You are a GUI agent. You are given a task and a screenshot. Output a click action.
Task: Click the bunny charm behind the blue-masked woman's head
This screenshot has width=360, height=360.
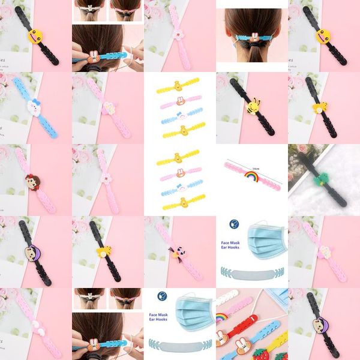254,38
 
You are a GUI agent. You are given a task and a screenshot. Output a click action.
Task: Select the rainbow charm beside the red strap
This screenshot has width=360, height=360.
221,316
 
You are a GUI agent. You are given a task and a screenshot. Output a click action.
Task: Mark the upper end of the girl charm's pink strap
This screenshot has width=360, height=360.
19,152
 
